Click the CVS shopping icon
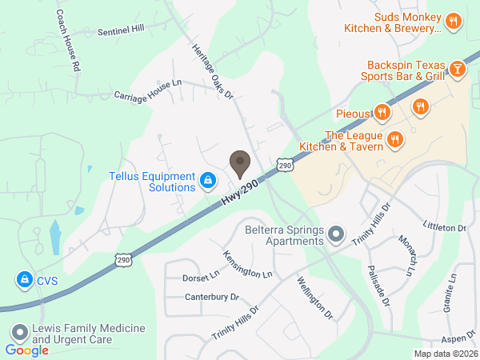point(23,279)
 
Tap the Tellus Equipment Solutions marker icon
point(208,181)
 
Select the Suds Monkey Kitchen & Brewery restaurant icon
point(453,22)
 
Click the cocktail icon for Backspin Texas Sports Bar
point(457,70)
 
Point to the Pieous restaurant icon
point(383,113)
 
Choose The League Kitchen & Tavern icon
point(394,140)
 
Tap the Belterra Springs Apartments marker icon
point(337,235)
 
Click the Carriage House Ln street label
point(148,89)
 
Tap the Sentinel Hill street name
point(121,30)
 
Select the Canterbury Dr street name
point(213,297)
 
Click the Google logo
point(26,350)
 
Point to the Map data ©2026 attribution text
point(445,354)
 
